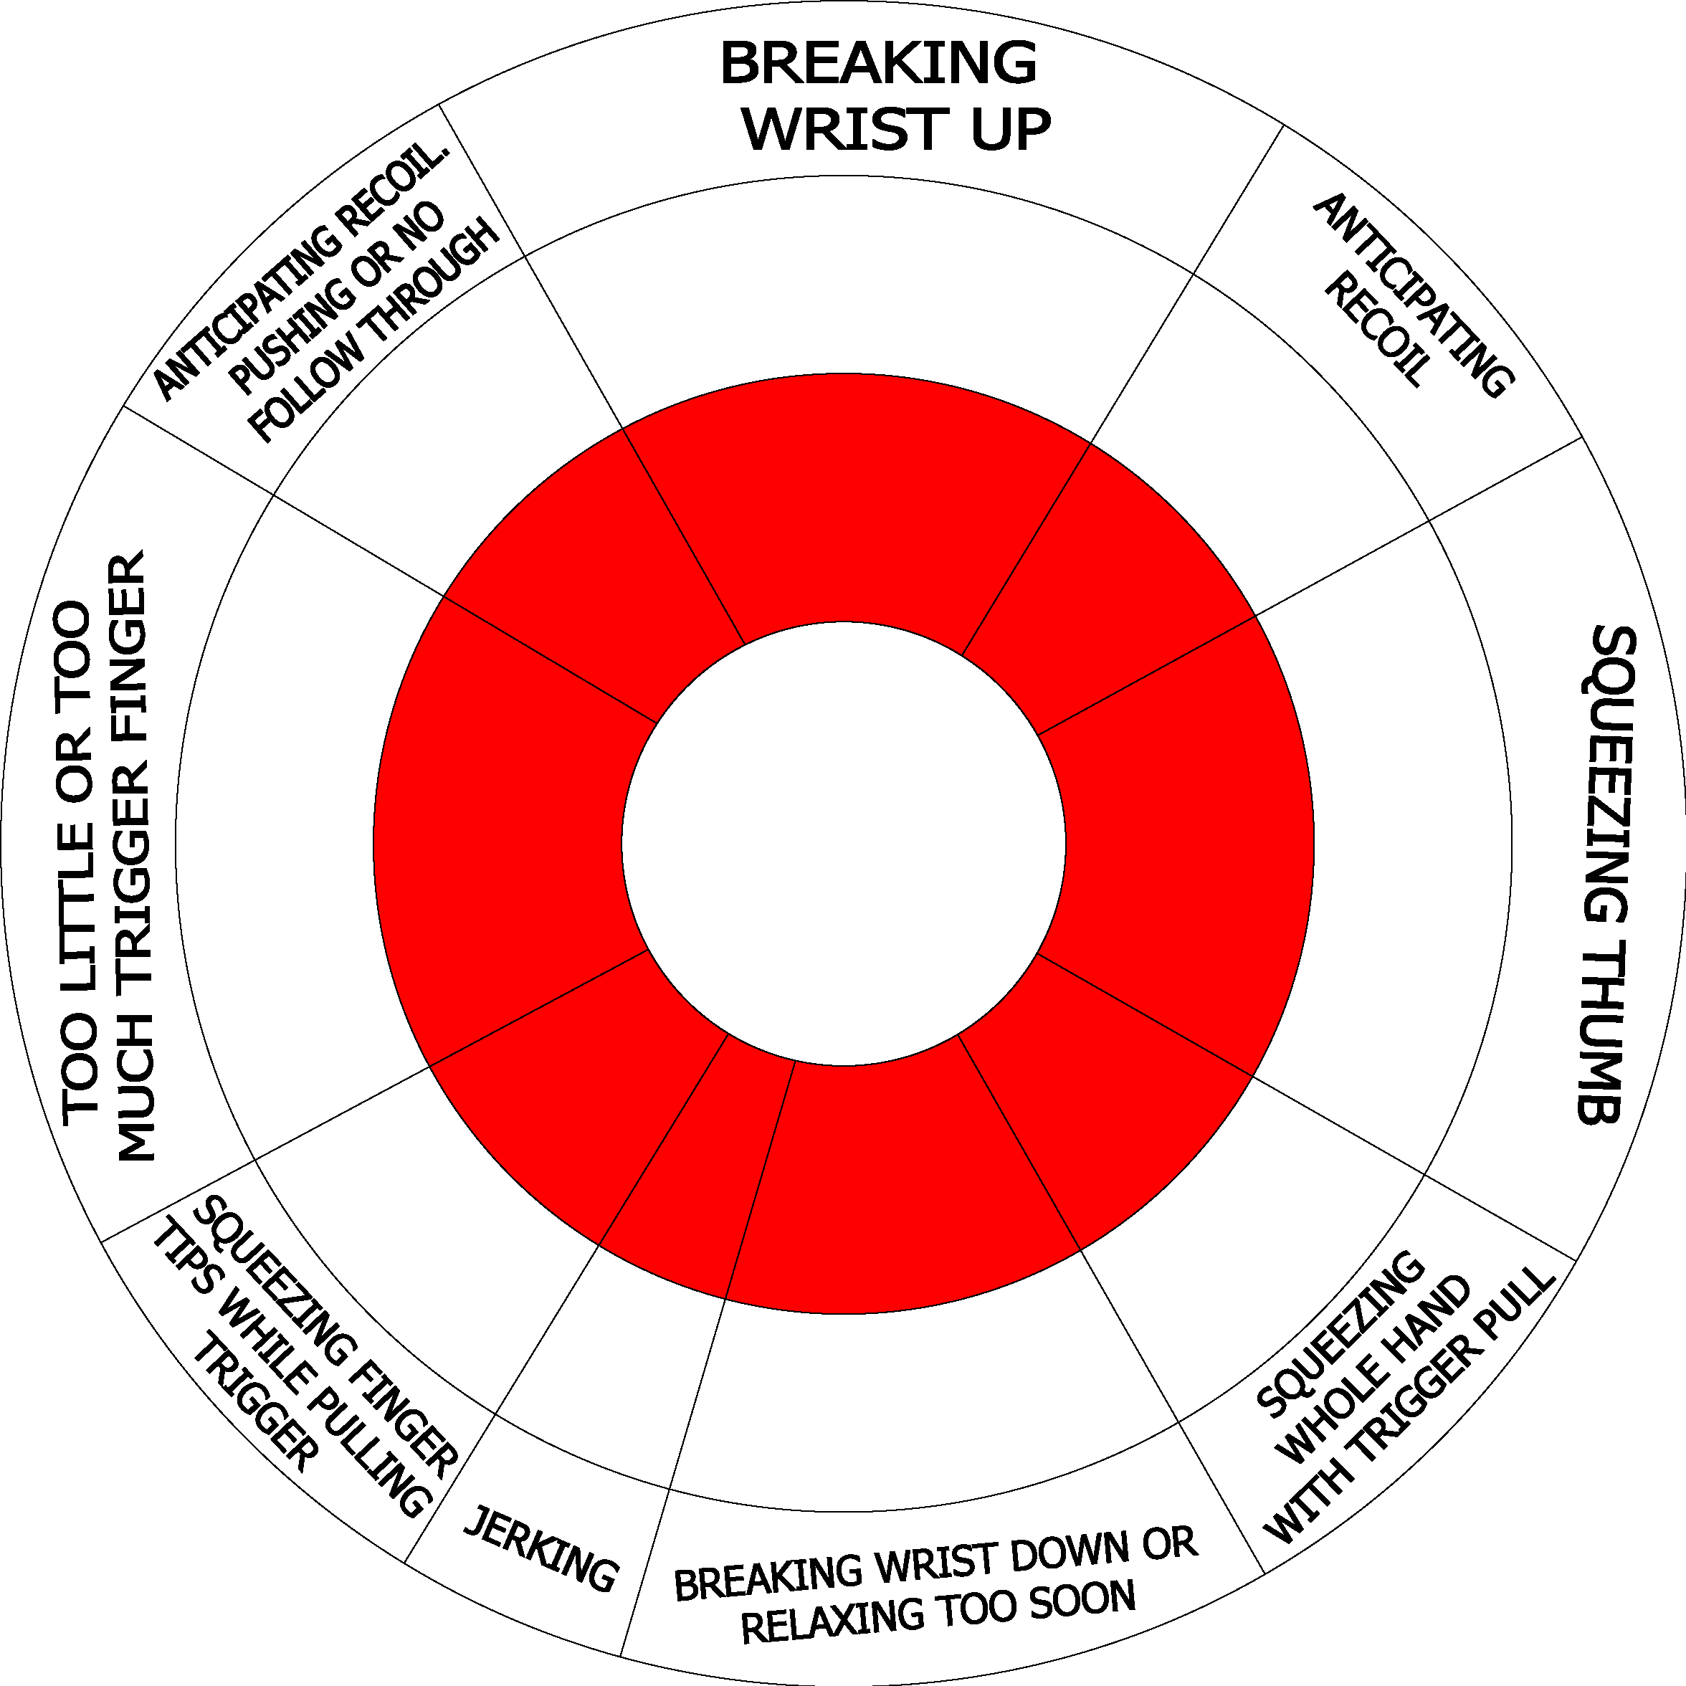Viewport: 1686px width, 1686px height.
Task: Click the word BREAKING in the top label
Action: [879, 63]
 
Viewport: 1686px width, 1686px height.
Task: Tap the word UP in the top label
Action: [1011, 130]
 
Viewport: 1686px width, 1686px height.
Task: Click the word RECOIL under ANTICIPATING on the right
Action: [1378, 330]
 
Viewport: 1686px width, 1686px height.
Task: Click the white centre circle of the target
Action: [844, 843]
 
